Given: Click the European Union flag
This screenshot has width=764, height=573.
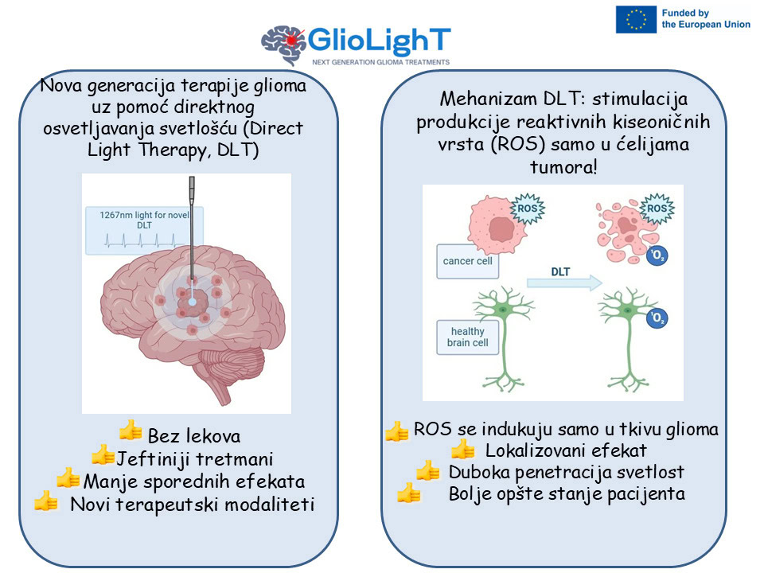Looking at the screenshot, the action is click(636, 19).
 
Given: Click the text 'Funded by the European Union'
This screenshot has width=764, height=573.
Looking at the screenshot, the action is click(706, 18).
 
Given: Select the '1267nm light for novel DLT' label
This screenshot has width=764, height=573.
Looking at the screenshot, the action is click(144, 220).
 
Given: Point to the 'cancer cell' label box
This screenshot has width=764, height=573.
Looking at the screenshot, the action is click(467, 261).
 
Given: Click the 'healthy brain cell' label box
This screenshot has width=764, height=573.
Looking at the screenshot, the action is click(467, 337).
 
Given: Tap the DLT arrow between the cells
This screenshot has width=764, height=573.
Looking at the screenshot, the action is click(565, 283).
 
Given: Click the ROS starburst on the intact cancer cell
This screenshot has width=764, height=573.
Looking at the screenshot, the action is click(527, 209).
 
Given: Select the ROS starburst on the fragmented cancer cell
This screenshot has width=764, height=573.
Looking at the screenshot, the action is click(657, 209).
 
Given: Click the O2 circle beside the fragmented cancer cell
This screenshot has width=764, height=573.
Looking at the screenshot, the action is click(657, 255).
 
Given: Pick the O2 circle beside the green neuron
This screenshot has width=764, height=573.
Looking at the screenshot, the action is click(657, 318).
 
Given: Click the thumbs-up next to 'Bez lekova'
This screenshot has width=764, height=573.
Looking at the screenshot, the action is click(131, 431).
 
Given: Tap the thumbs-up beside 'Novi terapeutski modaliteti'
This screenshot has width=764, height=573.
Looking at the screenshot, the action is click(46, 501).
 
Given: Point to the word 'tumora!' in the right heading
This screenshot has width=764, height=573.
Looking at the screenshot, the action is click(563, 167).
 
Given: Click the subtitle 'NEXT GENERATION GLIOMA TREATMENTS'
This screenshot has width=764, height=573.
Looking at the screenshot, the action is click(380, 62).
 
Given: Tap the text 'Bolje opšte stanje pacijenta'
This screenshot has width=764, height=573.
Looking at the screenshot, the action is click(567, 494).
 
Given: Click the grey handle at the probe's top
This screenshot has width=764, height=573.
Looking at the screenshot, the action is click(192, 190).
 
